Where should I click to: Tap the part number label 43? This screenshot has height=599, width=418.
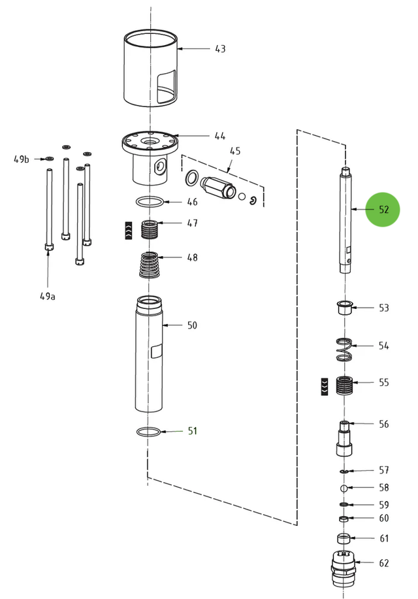(220, 49)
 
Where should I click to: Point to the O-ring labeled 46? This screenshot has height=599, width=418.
(150, 201)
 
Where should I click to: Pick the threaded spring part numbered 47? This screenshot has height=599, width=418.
(150, 229)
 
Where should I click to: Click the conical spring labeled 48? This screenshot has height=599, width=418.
(150, 265)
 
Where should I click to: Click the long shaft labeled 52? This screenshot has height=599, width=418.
(345, 219)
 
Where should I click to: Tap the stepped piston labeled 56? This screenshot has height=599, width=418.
(345, 438)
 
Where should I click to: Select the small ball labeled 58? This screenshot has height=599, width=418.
(344, 488)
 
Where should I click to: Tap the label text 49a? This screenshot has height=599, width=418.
(48, 296)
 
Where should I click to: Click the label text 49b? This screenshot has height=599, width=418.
(22, 159)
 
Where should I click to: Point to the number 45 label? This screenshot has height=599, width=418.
(235, 151)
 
